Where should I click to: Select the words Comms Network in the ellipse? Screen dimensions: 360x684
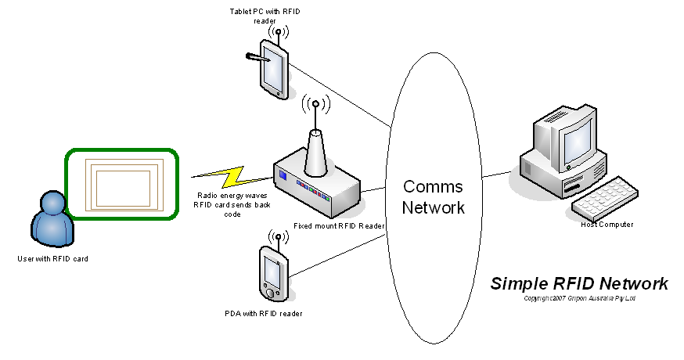[x=433, y=197]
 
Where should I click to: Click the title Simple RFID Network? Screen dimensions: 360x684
[x=579, y=283]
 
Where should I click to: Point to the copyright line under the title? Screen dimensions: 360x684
[x=579, y=298]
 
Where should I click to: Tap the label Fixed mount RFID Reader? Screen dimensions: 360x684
[x=339, y=225]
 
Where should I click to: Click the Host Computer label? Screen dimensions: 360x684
[x=607, y=225]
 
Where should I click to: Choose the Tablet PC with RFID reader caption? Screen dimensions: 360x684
[x=265, y=16]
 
